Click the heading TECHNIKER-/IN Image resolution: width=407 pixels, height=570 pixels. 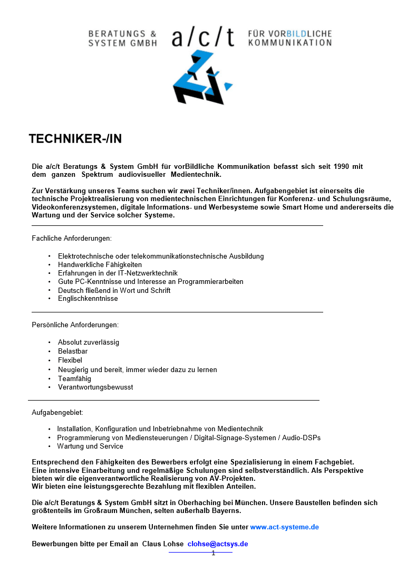75,139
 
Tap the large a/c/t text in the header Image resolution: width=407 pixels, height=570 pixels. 203,37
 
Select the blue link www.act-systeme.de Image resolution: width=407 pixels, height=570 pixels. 285,527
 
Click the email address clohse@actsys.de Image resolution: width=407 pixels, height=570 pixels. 218,544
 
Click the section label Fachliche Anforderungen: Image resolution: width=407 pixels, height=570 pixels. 72,239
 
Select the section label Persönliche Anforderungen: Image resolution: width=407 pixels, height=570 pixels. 75,325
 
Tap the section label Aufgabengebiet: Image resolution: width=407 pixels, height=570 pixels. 57,412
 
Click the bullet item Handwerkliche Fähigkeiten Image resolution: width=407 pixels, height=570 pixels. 100,264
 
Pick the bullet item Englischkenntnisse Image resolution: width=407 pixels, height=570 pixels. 88,299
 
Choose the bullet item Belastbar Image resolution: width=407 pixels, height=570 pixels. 73,351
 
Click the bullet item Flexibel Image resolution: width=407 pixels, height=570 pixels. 70,360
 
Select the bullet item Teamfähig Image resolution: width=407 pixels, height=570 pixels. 74,378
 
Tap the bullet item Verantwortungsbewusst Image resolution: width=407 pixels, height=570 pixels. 95,387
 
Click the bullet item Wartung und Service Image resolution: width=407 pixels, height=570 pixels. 90,446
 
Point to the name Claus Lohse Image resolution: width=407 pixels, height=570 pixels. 163,544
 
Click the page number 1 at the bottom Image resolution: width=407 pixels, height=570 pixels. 213,553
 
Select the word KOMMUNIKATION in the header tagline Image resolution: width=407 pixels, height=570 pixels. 290,43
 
